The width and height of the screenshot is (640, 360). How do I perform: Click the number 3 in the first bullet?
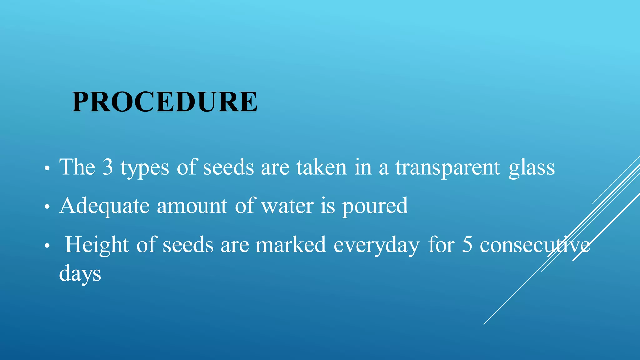coord(108,167)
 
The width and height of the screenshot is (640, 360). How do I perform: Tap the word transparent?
coord(448,168)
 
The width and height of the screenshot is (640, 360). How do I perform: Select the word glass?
coord(532,168)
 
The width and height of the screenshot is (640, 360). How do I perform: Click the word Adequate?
coord(104,206)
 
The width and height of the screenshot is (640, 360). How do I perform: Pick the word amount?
coord(192,206)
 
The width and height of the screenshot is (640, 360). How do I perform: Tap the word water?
coord(287,206)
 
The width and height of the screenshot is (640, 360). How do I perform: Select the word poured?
coord(375,206)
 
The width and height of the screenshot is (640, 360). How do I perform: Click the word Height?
coord(97,245)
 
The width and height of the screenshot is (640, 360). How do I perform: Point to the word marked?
coord(291,245)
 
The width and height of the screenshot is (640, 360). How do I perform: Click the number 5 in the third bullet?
coord(467,245)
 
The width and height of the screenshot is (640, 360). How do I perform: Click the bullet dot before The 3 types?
coord(47,169)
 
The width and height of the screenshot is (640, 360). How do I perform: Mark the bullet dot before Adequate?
coord(47,207)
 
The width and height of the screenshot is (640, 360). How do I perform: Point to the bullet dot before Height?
coord(47,246)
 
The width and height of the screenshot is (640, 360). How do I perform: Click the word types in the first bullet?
coord(145,168)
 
